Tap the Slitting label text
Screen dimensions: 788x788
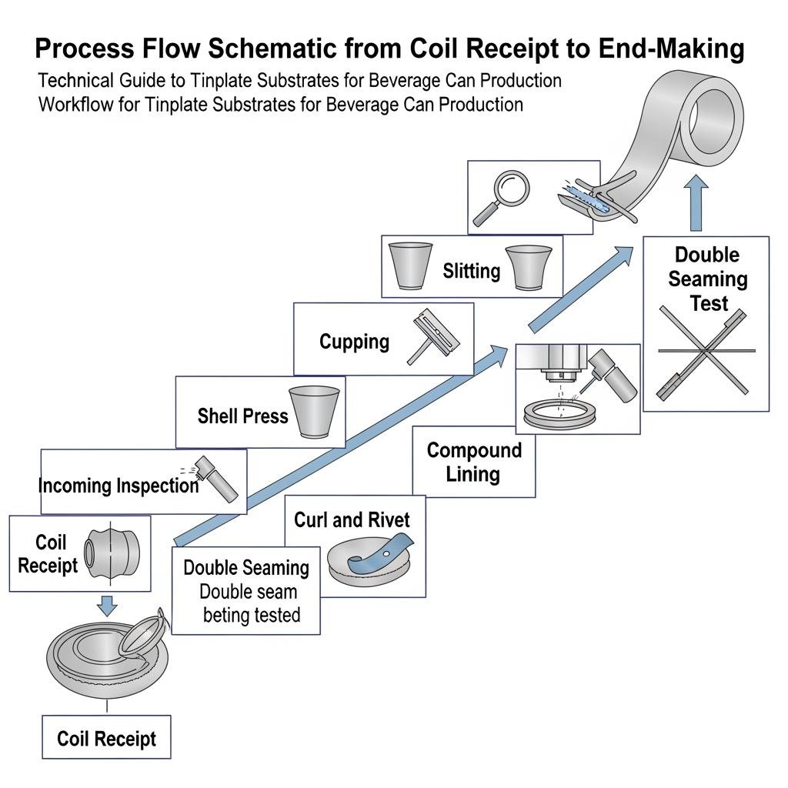471,271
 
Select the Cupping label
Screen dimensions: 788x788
354,341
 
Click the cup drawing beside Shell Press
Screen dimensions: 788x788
314,411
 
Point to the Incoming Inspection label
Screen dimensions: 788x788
119,486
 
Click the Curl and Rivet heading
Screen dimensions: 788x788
352,519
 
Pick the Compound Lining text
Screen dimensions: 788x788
474,462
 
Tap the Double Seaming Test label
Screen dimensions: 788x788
707,279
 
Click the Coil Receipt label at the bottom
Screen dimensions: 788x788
106,740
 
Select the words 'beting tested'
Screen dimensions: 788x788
251,616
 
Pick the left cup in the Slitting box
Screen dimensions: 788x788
407,265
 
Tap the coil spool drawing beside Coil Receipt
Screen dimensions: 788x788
110,553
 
